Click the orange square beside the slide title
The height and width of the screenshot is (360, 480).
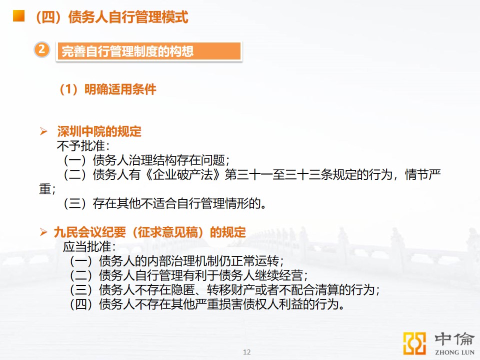pyautogui.click(x=18, y=15)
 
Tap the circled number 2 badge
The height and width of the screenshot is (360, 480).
pyautogui.click(x=42, y=49)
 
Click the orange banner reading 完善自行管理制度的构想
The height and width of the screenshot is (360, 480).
pyautogui.click(x=149, y=51)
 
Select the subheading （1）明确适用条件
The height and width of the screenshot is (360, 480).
pyautogui.click(x=107, y=89)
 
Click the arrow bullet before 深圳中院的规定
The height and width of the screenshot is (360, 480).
pyautogui.click(x=43, y=131)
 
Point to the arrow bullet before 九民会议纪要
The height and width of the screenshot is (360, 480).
pyautogui.click(x=43, y=232)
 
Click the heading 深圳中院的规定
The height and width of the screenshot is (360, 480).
pyautogui.click(x=99, y=131)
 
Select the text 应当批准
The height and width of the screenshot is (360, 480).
pyautogui.click(x=87, y=246)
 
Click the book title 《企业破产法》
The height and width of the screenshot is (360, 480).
pyautogui.click(x=183, y=175)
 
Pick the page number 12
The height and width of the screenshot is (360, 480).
pyautogui.click(x=246, y=352)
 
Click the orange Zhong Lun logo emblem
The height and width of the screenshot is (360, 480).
pyautogui.click(x=414, y=343)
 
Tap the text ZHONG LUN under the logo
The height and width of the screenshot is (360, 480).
pyautogui.click(x=454, y=352)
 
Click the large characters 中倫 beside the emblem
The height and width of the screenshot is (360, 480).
pyautogui.click(x=454, y=339)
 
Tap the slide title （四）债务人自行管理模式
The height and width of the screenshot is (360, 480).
pyautogui.click(x=111, y=17)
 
